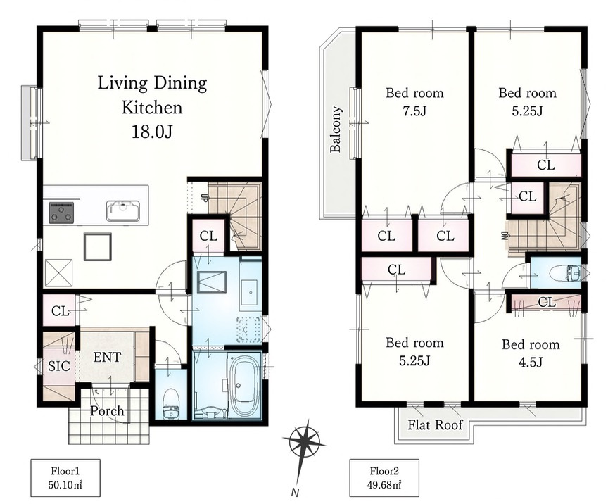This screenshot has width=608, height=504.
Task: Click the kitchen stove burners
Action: tap(61, 213)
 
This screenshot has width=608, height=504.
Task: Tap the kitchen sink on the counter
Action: tap(123, 210)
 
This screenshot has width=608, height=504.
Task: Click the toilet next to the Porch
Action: tap(171, 403)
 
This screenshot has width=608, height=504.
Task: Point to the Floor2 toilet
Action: tap(565, 274)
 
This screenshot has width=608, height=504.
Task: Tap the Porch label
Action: tap(107, 410)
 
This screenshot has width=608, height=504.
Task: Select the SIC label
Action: tap(59, 366)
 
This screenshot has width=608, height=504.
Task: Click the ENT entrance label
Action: tap(107, 357)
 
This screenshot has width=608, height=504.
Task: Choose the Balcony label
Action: tap(336, 129)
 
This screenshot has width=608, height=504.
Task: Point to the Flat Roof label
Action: tap(435, 425)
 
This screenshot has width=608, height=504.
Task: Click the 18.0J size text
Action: tap(151, 132)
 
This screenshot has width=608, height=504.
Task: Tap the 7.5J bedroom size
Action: tap(414, 111)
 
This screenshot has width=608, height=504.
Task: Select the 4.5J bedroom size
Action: tap(531, 362)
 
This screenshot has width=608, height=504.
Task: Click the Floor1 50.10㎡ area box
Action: tap(65, 478)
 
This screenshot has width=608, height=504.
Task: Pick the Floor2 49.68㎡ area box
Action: tap(384, 478)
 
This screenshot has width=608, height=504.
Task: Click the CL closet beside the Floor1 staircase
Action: tap(208, 236)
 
